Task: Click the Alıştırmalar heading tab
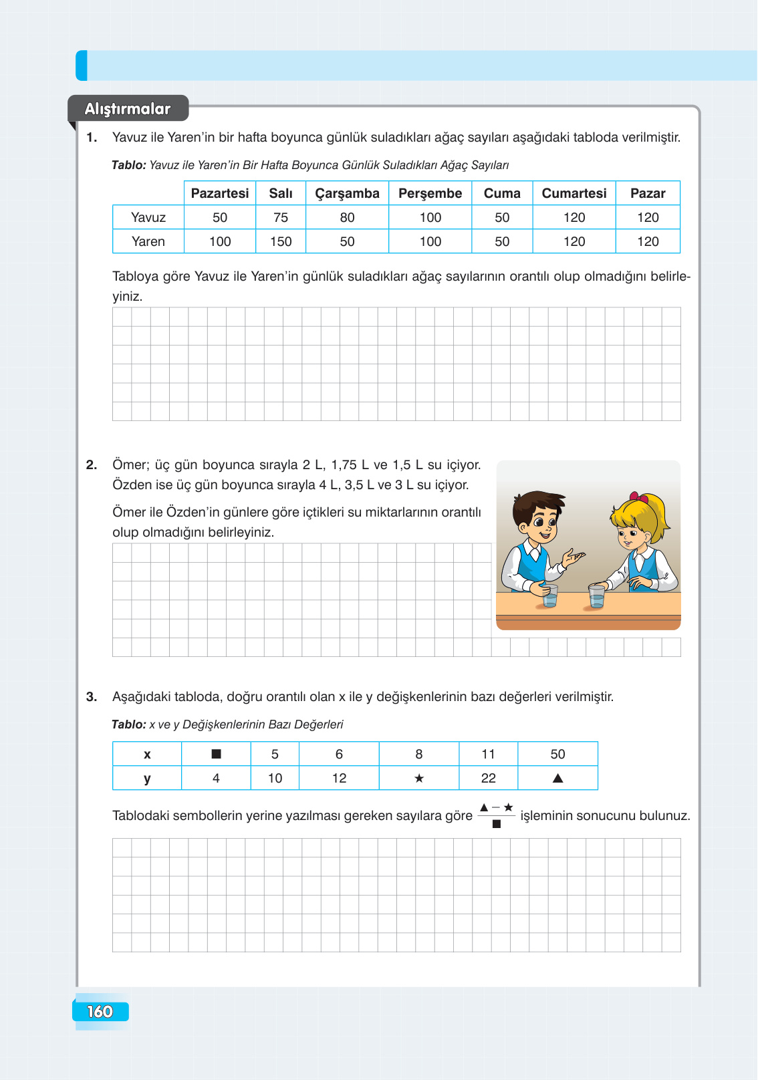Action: [x=128, y=109]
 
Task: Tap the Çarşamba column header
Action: [x=347, y=194]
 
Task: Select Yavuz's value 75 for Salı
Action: [x=281, y=218]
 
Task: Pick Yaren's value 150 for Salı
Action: [x=281, y=242]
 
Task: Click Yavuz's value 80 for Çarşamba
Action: [x=347, y=218]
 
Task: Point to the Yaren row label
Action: [x=148, y=242]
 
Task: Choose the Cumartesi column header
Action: [x=574, y=194]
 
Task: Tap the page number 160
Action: [x=100, y=1012]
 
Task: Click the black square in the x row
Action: [x=216, y=755]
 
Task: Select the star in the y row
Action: [x=419, y=779]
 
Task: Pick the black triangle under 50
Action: [x=557, y=779]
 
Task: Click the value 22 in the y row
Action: [x=488, y=779]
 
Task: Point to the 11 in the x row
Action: [x=488, y=755]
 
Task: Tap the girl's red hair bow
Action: [x=640, y=498]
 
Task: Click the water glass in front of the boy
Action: [x=549, y=595]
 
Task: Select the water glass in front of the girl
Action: [x=596, y=596]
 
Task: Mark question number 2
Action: [x=92, y=465]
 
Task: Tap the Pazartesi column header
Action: [x=219, y=194]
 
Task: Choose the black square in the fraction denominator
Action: [x=497, y=824]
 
